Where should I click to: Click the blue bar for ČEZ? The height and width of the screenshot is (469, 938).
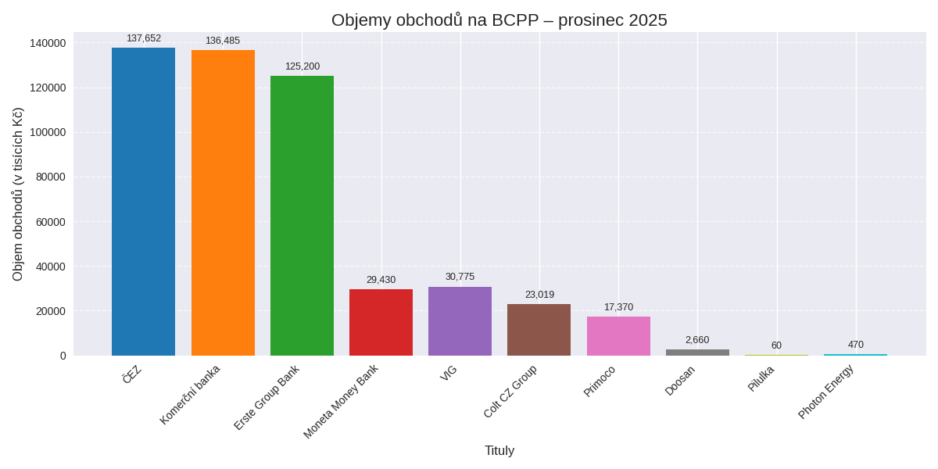143,202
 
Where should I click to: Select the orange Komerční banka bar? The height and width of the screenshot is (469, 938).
223,202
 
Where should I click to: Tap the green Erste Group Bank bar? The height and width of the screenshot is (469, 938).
302,216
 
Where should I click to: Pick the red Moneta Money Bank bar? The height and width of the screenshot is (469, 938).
381,322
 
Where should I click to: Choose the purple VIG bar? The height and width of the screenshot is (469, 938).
460,321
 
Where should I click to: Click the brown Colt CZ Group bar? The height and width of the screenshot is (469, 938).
539,330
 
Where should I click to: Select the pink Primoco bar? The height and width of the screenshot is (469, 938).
618,336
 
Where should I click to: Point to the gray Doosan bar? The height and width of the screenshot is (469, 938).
697,353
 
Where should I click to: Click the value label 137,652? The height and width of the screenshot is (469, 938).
144,38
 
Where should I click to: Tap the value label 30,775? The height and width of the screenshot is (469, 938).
460,277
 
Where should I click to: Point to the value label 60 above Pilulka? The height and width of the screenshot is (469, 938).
776,345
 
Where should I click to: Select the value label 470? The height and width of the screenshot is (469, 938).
855,345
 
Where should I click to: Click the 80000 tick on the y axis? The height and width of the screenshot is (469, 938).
51,177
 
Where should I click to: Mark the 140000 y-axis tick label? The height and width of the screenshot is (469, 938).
48,43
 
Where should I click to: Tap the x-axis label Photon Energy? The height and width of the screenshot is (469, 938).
826,391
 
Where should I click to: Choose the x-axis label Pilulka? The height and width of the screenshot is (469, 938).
761,378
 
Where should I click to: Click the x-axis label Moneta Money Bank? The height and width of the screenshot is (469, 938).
341,401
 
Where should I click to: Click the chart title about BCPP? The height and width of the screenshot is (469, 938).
499,20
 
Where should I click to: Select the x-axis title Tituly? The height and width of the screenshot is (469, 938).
499,451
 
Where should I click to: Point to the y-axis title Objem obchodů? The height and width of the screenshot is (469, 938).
18,194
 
